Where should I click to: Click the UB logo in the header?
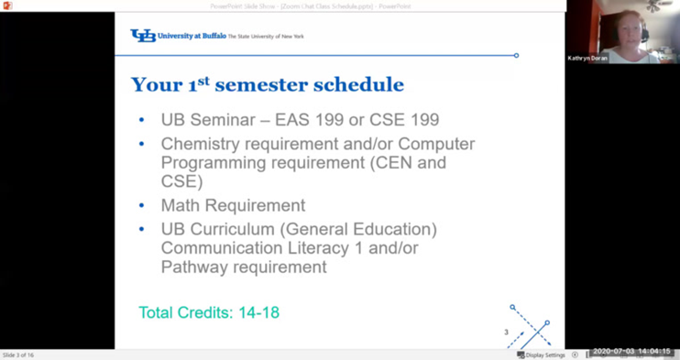click(143, 36)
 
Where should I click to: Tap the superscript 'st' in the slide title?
click(203, 81)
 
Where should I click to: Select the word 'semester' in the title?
click(261, 86)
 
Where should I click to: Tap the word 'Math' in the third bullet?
click(180, 206)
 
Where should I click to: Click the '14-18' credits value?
click(258, 313)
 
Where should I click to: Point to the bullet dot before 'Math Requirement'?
click(141, 206)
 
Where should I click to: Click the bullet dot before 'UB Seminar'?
click(141, 120)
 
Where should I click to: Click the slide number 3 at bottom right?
click(506, 333)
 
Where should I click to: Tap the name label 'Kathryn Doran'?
click(587, 58)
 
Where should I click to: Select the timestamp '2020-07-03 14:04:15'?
click(632, 352)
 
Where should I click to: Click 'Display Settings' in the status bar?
click(545, 355)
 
